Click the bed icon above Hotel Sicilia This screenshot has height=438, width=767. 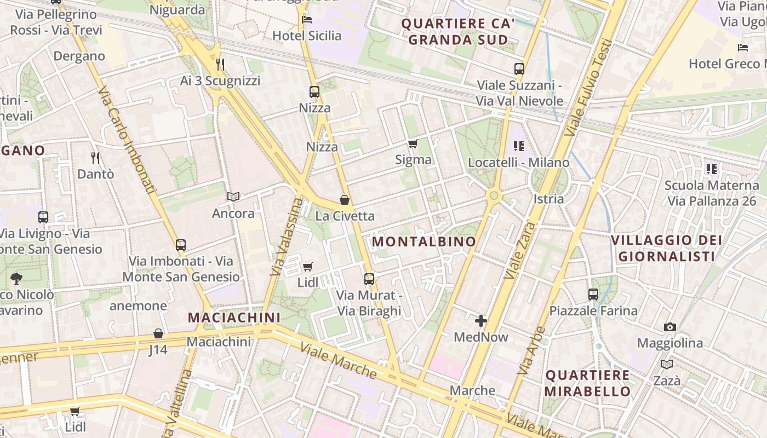click(x=307, y=20)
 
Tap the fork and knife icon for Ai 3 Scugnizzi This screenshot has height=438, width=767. click(x=220, y=65)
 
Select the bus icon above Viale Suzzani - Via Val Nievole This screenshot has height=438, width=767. click(x=519, y=69)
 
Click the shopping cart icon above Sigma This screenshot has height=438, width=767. click(x=413, y=144)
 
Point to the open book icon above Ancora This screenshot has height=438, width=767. click(x=233, y=197)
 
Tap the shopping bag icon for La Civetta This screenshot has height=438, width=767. click(x=345, y=200)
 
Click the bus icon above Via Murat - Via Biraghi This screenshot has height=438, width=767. click(x=369, y=279)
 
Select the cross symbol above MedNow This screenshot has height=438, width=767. click(x=481, y=321)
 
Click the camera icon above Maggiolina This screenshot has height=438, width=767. click(x=669, y=327)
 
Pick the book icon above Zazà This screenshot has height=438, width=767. click(x=667, y=364)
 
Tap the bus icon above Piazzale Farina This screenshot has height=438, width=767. click(x=593, y=295)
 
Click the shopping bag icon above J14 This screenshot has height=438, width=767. click(x=158, y=333)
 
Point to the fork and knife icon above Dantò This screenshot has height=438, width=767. click(x=96, y=158)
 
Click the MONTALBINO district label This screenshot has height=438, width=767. click(x=424, y=241)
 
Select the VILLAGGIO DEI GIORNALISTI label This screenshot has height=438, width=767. click(x=666, y=248)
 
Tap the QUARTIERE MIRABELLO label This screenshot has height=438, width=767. click(x=588, y=383)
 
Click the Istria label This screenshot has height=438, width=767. click(x=548, y=199)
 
